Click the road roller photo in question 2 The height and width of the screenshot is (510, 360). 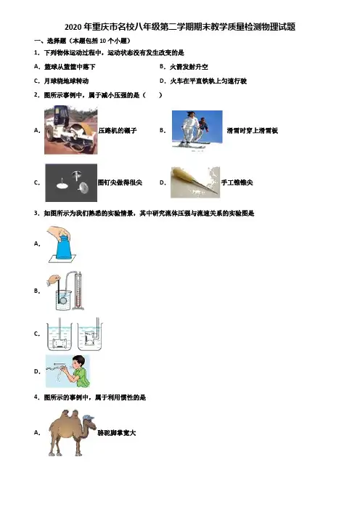(x=71, y=130)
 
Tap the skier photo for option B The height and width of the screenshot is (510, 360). (x=197, y=129)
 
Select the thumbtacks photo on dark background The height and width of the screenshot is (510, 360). (x=71, y=183)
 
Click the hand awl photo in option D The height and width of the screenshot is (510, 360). (x=195, y=182)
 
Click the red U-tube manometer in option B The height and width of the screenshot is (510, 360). (x=78, y=291)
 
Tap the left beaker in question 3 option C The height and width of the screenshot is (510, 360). (x=60, y=336)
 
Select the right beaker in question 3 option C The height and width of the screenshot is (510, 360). (x=90, y=336)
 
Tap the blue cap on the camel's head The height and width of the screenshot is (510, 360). (x=89, y=418)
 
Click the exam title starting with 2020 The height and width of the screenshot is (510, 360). (x=180, y=27)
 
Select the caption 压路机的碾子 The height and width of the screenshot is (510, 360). (x=118, y=131)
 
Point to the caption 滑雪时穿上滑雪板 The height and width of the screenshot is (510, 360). (x=253, y=131)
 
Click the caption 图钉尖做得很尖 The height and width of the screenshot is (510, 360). (x=120, y=182)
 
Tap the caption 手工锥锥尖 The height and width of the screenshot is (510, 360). (x=237, y=182)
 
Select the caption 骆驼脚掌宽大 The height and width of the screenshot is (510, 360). (x=117, y=433)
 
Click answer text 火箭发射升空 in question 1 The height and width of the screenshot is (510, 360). (x=189, y=67)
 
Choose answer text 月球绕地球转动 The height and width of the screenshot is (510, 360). (x=66, y=81)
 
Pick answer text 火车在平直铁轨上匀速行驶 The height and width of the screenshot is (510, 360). (x=208, y=81)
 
